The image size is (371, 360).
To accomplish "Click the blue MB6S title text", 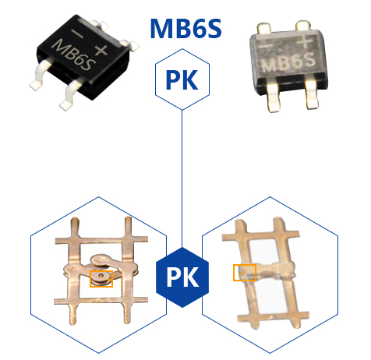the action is (x=186, y=28).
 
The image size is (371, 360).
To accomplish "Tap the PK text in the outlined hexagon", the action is (x=182, y=80).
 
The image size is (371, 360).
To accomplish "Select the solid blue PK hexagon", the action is (x=182, y=277).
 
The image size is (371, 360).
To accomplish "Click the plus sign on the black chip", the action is (x=101, y=50).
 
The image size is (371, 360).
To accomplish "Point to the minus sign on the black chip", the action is (x=77, y=34).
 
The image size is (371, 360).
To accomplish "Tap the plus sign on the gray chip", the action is (x=306, y=42).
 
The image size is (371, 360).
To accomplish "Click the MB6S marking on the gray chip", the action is (x=288, y=62).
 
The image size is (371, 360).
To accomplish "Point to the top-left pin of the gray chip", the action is (x=263, y=28).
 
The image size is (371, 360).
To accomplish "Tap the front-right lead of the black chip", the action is (x=72, y=94).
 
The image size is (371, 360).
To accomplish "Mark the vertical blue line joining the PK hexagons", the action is (x=182, y=178).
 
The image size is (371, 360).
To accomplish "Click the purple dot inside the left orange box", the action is (x=101, y=276).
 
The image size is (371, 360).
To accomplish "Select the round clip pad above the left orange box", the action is (x=101, y=259).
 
